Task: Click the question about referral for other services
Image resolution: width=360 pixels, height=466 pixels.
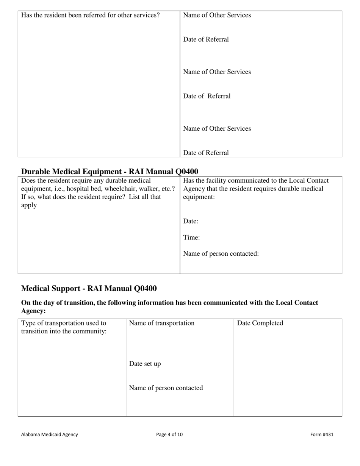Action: tap(90, 15)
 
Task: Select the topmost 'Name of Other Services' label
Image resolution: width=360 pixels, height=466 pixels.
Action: tap(217, 15)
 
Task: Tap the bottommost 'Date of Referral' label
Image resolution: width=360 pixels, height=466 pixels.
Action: tap(206, 153)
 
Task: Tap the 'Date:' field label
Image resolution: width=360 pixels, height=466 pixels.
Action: tap(191, 221)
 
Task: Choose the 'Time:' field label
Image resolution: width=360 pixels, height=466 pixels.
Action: tap(191, 238)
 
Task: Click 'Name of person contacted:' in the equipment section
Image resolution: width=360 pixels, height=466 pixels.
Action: tap(221, 253)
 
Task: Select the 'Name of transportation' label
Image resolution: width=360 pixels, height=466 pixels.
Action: tap(162, 323)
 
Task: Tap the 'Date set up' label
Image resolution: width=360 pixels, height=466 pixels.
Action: tap(145, 364)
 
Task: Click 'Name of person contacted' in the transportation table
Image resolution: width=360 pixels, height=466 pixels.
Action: tap(166, 388)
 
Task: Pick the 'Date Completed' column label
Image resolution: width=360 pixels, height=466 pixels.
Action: tap(260, 323)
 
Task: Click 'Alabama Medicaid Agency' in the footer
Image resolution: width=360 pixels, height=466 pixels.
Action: tap(49, 435)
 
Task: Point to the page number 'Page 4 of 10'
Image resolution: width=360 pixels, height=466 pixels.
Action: tap(169, 435)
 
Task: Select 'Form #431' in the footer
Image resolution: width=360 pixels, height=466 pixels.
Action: tap(322, 435)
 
